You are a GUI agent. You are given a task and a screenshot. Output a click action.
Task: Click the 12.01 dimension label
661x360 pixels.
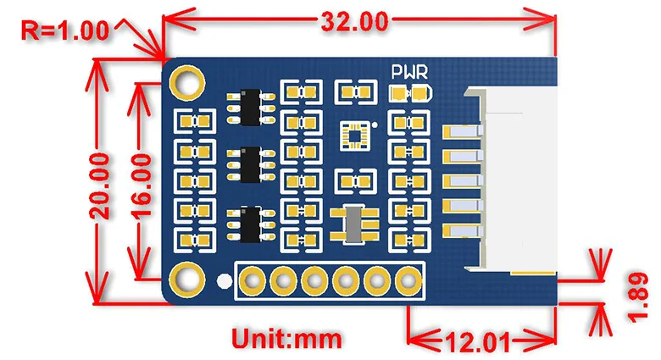pyautogui.click(x=477, y=342)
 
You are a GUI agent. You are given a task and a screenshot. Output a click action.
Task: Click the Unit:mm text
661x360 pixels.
pyautogui.click(x=288, y=341)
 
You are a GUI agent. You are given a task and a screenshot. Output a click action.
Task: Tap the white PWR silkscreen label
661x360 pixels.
pyautogui.click(x=408, y=73)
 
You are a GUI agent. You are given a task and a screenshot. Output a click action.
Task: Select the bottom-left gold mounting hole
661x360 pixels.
pyautogui.click(x=186, y=277)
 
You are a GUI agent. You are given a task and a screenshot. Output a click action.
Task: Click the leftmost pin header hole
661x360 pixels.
pyautogui.click(x=253, y=279)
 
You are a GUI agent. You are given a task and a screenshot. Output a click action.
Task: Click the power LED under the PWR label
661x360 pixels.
pyautogui.click(x=410, y=93)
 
